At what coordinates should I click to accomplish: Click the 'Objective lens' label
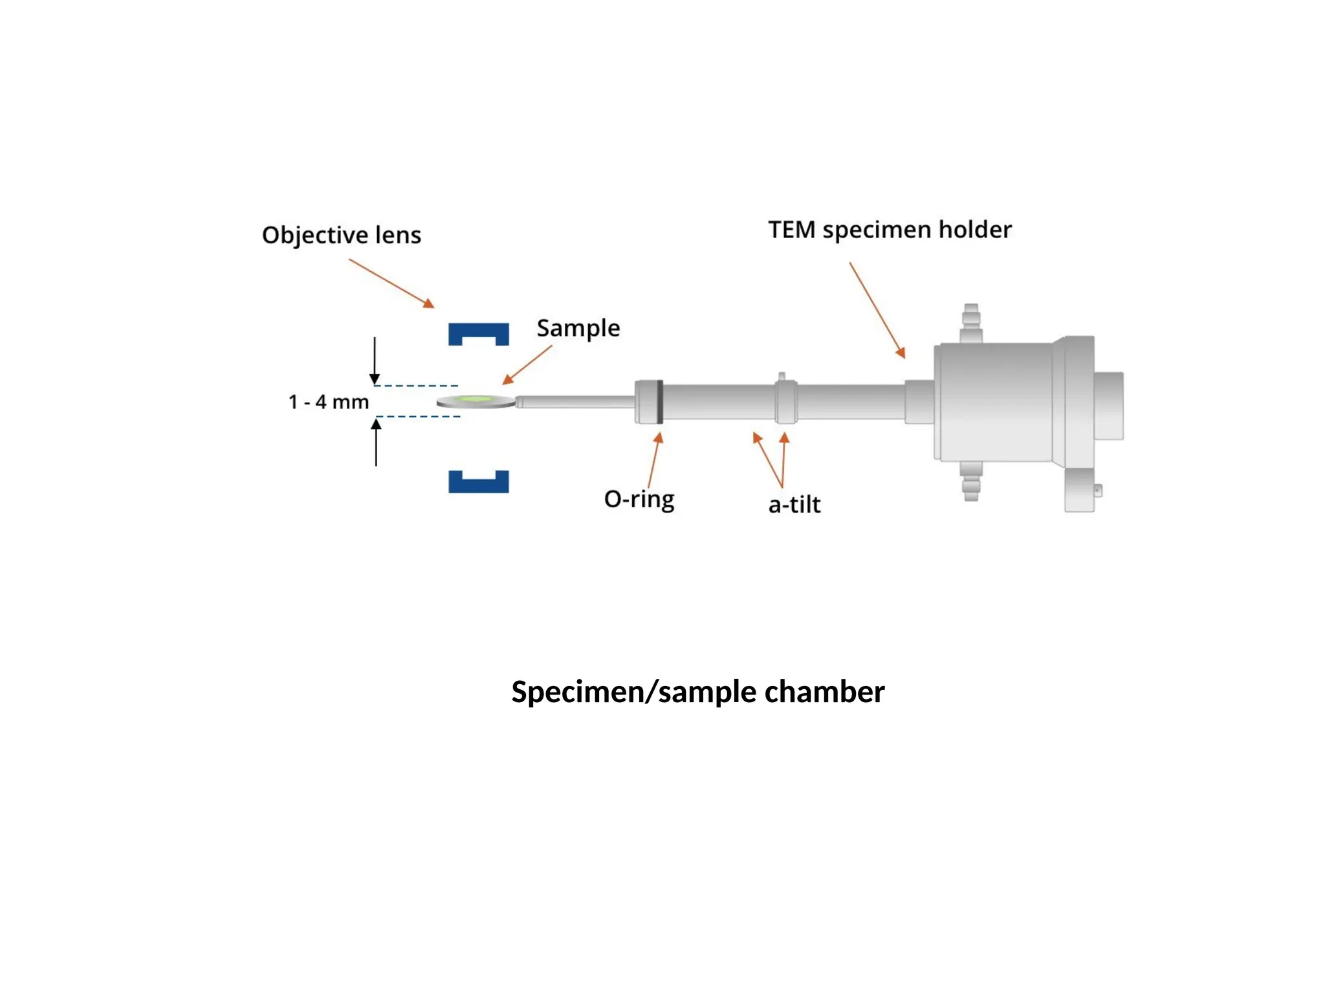(x=341, y=235)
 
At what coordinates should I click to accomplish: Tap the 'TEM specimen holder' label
(x=890, y=230)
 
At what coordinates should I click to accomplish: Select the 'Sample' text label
(x=578, y=328)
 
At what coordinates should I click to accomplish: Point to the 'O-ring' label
(x=639, y=499)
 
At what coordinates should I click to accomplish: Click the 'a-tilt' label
(x=794, y=505)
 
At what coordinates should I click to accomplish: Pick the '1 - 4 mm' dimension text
(x=328, y=402)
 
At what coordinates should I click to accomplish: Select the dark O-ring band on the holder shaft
(x=659, y=402)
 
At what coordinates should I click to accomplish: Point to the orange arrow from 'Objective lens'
(x=391, y=283)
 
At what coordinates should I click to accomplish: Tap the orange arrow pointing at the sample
(x=527, y=365)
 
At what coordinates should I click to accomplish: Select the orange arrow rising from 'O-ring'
(x=653, y=460)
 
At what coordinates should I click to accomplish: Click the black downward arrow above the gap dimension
(x=375, y=360)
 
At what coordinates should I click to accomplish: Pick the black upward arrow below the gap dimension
(x=376, y=443)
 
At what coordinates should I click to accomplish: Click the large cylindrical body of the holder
(x=996, y=402)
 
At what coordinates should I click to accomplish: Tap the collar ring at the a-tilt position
(x=785, y=401)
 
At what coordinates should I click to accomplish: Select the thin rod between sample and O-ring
(x=576, y=402)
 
